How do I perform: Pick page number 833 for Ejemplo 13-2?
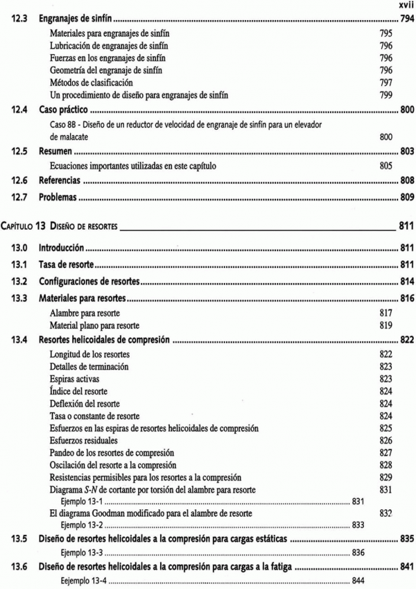358,524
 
